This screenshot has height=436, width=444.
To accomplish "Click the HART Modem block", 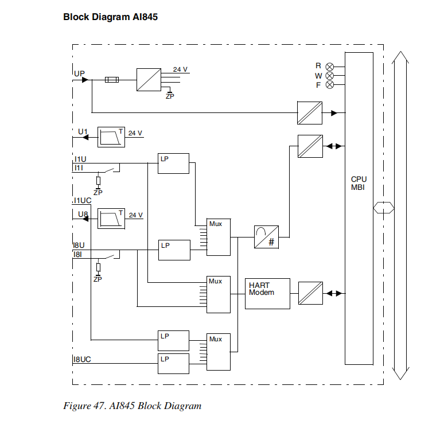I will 267,293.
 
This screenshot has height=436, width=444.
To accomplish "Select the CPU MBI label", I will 358,183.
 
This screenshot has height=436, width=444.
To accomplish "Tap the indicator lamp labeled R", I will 329,66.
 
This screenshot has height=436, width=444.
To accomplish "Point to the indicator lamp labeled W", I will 329,75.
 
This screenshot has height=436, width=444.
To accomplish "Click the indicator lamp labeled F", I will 329,85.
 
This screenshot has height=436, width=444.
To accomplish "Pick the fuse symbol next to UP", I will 112,80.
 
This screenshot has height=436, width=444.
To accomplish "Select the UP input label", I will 79,73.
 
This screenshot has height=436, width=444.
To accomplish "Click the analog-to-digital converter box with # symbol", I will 266,236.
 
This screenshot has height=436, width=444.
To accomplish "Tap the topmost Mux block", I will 219,236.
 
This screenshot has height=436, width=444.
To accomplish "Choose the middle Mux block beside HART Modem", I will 219,294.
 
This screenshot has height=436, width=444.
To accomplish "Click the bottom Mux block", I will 219,352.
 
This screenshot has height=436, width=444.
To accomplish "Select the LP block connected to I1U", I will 173,163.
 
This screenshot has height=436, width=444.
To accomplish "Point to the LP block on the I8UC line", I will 173,364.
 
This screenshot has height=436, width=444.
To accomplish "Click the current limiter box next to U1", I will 111,137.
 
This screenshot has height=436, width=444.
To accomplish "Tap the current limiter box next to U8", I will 111,219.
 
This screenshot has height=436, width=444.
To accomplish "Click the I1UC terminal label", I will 82,200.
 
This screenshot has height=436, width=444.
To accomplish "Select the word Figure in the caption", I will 76,406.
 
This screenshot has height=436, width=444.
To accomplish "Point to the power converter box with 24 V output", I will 149,80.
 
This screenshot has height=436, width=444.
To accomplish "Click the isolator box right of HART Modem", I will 310,293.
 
